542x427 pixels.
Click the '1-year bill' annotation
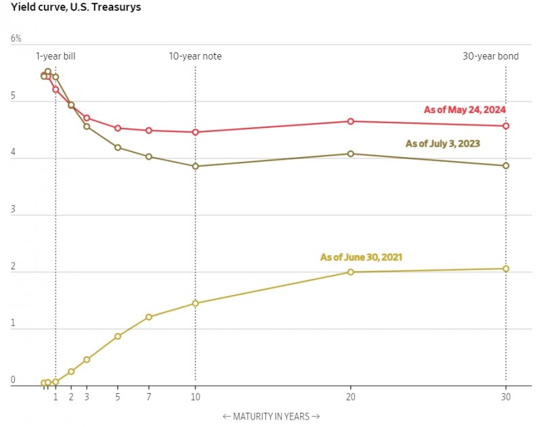[56, 56]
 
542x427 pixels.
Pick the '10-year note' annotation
[195, 56]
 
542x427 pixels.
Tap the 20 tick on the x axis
[350, 397]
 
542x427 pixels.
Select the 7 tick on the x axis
[148, 397]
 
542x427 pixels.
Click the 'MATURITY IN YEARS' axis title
[270, 416]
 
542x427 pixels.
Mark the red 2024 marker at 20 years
[350, 121]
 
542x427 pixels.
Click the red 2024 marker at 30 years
[505, 126]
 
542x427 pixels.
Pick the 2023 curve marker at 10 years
[195, 166]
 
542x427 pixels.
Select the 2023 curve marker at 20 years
[350, 154]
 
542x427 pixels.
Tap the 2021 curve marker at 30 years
[505, 269]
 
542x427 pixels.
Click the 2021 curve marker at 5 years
[117, 336]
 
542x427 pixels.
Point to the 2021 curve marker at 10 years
[195, 303]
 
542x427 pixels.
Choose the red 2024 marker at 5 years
[117, 128]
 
